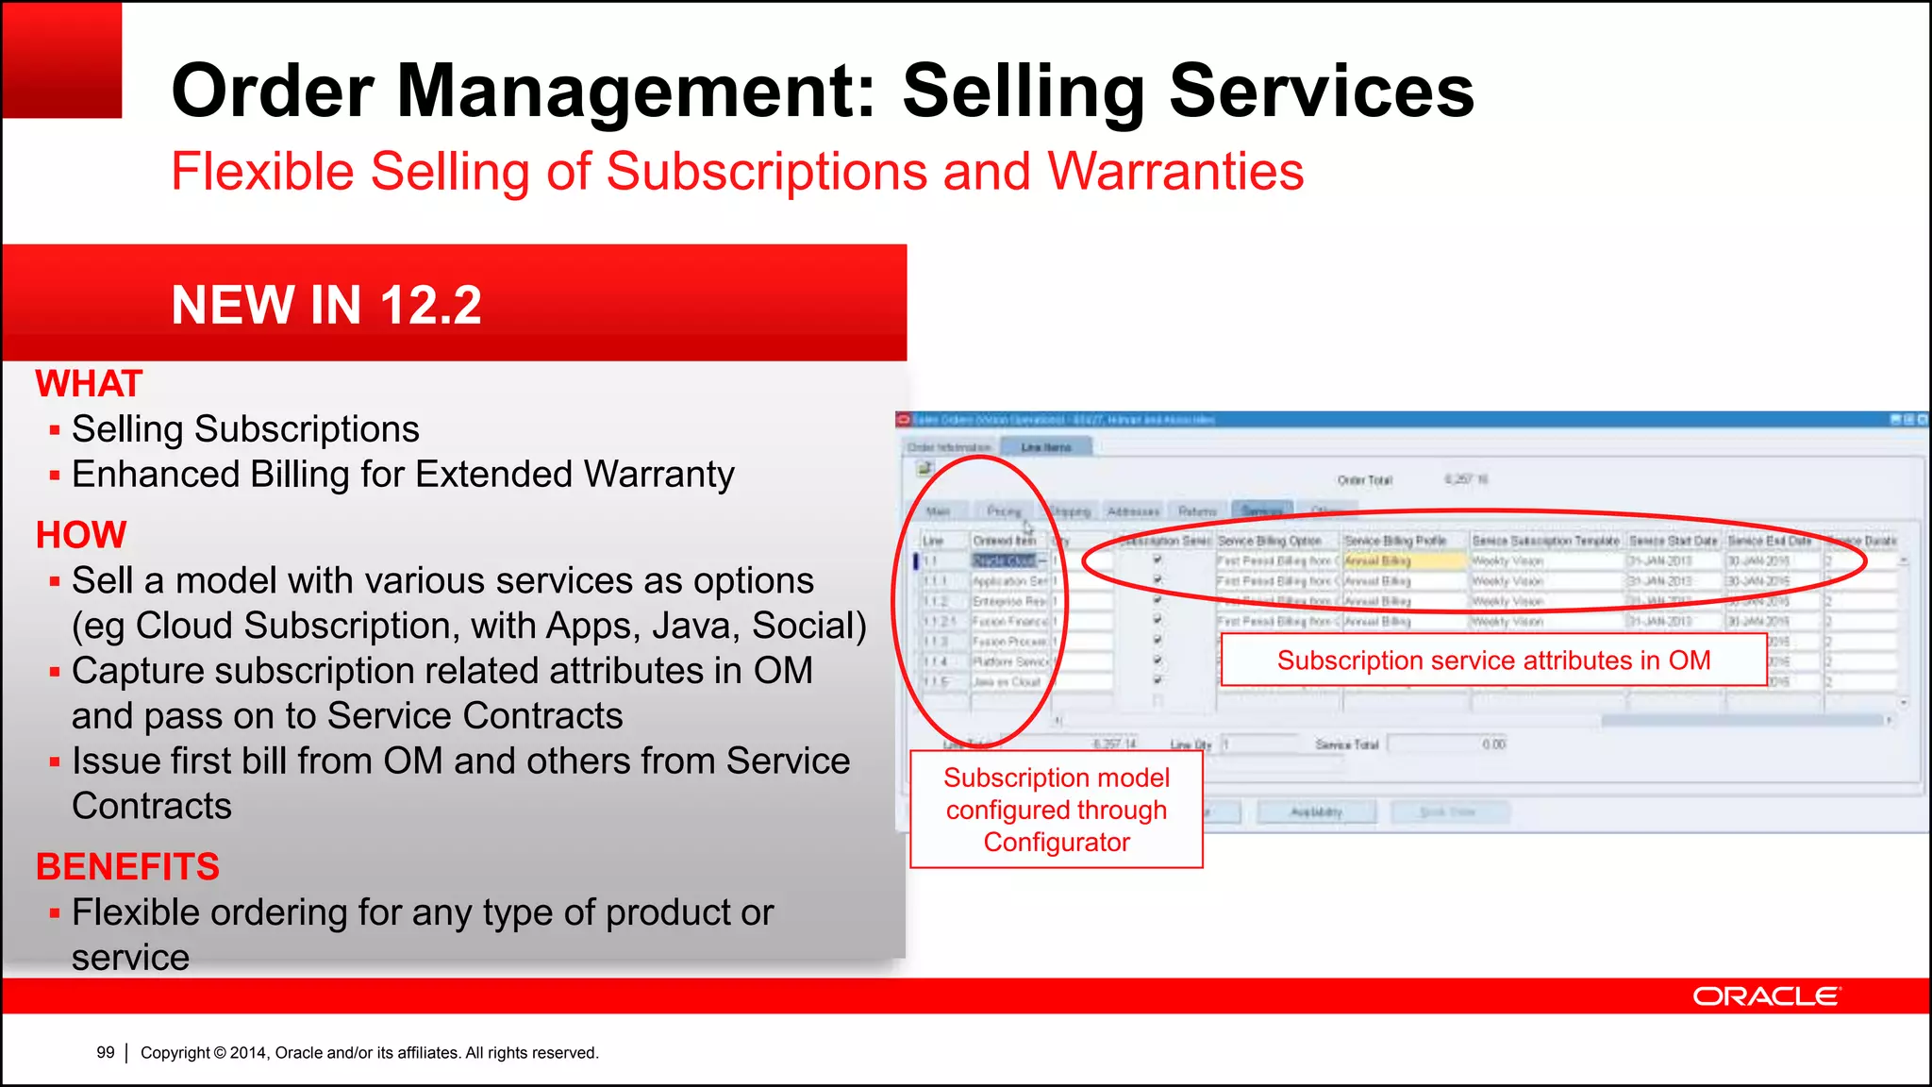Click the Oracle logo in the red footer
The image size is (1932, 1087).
[1765, 996]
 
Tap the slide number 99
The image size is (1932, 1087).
[106, 1052]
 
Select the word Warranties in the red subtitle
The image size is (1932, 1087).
[1175, 172]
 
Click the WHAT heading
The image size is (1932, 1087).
[89, 384]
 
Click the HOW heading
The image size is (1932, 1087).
[81, 535]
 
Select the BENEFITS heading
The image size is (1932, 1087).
[127, 866]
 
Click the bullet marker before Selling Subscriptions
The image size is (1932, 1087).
[55, 430]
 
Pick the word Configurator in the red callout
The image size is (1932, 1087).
[1057, 842]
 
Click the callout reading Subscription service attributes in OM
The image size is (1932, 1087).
[1493, 660]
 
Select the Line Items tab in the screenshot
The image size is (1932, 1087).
[1046, 447]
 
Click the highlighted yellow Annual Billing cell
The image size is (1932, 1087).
[1403, 560]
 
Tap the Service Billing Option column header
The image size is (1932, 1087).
[1269, 541]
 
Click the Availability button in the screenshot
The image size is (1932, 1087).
[1316, 812]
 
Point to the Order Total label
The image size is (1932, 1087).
[1364, 480]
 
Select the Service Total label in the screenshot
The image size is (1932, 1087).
[1346, 744]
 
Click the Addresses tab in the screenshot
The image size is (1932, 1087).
[1133, 511]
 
